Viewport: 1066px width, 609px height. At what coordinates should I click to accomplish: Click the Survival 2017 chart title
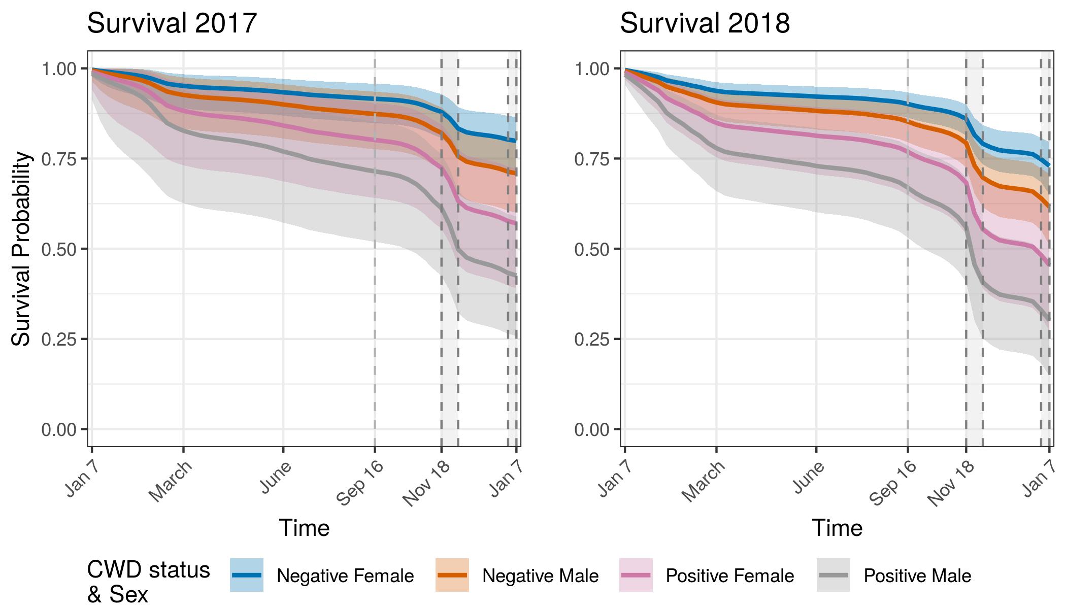click(172, 23)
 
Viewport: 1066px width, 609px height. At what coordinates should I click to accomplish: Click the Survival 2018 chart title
click(705, 23)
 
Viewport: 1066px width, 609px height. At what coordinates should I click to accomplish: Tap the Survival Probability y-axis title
click(21, 249)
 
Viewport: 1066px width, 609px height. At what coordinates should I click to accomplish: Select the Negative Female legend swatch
click(247, 575)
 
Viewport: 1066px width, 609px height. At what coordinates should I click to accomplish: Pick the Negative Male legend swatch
click(452, 575)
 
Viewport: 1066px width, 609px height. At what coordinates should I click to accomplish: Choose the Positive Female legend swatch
click(636, 575)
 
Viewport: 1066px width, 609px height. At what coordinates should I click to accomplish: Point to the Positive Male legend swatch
click(834, 575)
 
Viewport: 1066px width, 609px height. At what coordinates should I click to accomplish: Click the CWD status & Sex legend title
click(148, 582)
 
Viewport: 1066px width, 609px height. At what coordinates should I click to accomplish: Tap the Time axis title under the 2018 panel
click(837, 528)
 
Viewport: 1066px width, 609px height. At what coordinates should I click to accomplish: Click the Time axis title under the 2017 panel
click(305, 528)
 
